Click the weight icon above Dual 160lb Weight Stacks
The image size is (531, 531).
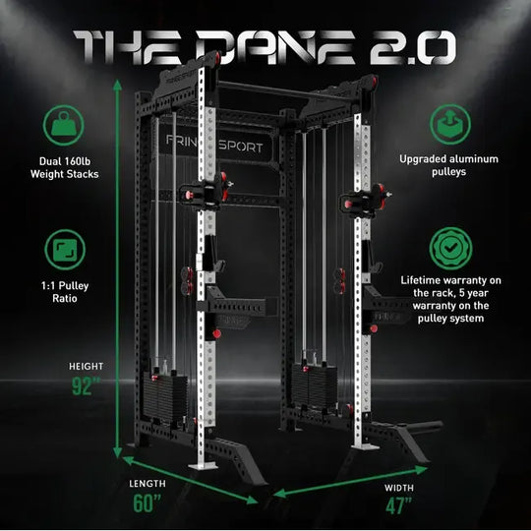pyautogui.click(x=63, y=125)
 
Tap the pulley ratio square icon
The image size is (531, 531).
pyautogui.click(x=65, y=250)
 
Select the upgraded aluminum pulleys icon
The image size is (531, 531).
pyautogui.click(x=450, y=124)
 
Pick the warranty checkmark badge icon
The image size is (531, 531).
pyautogui.click(x=450, y=248)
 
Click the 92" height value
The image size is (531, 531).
pyautogui.click(x=86, y=386)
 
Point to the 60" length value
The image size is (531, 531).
pyautogui.click(x=147, y=502)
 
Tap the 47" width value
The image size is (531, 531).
pyautogui.click(x=398, y=505)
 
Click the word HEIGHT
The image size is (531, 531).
pyautogui.click(x=86, y=366)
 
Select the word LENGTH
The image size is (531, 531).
pyautogui.click(x=147, y=483)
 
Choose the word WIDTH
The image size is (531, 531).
pyautogui.click(x=399, y=488)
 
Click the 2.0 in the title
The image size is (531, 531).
pyautogui.click(x=413, y=48)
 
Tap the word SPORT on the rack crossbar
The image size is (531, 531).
pyautogui.click(x=241, y=147)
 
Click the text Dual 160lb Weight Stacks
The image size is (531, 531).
pyautogui.click(x=64, y=167)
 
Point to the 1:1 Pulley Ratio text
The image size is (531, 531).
pyautogui.click(x=65, y=292)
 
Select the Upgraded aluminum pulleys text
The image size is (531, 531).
pyautogui.click(x=448, y=165)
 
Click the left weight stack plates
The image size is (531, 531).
pyautogui.click(x=165, y=395)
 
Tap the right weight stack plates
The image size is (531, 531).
pyautogui.click(x=314, y=385)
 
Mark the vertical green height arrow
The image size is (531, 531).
pyautogui.click(x=118, y=268)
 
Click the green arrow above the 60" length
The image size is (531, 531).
pyautogui.click(x=190, y=480)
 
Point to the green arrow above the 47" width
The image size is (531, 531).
pyautogui.click(x=350, y=482)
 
